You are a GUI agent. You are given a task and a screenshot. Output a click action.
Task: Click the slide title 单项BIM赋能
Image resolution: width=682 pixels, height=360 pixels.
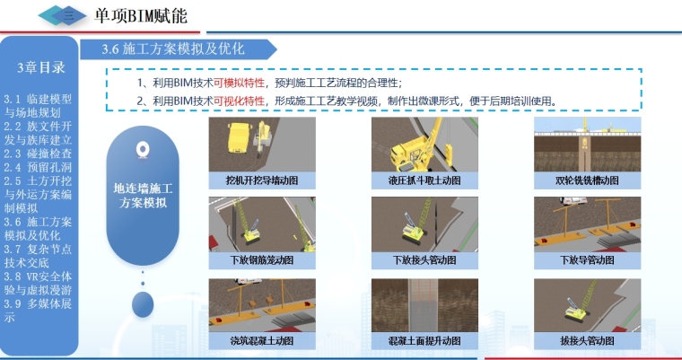[141, 16]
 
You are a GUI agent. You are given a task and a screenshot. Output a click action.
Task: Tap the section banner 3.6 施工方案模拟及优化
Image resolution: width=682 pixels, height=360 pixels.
[173, 48]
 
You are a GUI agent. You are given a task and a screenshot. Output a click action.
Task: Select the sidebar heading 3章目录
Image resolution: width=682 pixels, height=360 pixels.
[41, 67]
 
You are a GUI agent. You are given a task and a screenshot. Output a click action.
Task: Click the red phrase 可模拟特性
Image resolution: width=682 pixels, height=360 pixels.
[239, 83]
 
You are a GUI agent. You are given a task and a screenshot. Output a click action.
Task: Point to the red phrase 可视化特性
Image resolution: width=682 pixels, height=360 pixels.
[239, 101]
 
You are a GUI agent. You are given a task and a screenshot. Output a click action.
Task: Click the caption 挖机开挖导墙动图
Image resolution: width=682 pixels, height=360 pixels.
[262, 180]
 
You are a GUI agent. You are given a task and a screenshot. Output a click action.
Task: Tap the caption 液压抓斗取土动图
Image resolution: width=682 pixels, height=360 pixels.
[424, 180]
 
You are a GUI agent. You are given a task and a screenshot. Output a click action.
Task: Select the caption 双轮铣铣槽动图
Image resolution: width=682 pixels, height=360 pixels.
[587, 180]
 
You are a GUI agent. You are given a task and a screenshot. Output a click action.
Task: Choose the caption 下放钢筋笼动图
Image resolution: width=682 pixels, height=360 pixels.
[262, 260]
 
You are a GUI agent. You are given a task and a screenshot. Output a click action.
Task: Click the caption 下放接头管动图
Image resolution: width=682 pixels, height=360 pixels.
[424, 260]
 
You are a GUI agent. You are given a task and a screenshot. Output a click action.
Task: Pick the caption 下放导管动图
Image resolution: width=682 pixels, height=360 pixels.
[587, 260]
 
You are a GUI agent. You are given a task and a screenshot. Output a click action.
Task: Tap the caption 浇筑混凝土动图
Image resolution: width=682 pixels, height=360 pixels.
[262, 341]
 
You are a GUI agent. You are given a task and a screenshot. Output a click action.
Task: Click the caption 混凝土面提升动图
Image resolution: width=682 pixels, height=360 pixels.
[424, 341]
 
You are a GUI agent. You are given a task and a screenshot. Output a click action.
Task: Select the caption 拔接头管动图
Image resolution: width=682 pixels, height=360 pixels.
[587, 341]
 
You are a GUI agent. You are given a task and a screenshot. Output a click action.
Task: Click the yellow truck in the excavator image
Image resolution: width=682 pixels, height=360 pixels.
[240, 137]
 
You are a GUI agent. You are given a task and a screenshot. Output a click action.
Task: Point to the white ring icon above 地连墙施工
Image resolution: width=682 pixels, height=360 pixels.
[143, 149]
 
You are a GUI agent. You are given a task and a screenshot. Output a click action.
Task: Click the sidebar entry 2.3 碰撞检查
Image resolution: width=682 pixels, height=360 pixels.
[38, 154]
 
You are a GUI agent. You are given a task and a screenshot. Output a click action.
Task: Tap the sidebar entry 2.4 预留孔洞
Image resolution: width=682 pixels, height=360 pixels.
[38, 167]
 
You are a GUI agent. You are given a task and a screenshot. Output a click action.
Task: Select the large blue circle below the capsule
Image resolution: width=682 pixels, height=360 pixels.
[143, 304]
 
